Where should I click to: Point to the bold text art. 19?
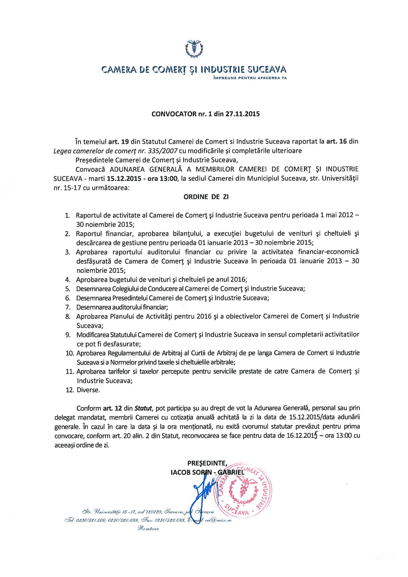(x=119, y=141)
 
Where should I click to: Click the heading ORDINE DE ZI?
(x=206, y=197)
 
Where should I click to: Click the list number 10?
(x=70, y=353)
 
